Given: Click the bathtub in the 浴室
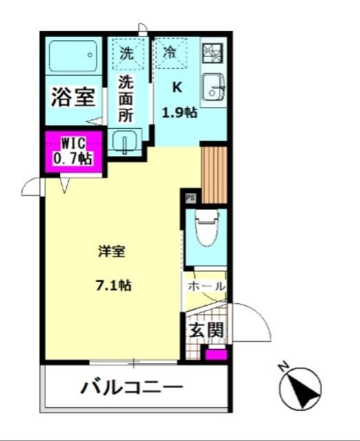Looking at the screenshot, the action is tap(73, 57).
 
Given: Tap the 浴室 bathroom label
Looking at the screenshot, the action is tap(73, 96).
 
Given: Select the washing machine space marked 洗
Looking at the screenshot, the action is tap(128, 54).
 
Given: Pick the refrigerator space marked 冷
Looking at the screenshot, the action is tap(171, 53).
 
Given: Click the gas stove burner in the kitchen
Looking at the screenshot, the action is tap(213, 53).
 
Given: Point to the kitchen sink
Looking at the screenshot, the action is tap(214, 87).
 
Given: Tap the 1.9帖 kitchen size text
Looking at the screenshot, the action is tap(179, 113).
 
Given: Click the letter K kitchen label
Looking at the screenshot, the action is tap(177, 88).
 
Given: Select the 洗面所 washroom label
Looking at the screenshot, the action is tap(125, 99).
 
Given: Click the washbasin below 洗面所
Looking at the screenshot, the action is tap(125, 141).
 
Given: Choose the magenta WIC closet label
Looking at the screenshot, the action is tap(74, 152).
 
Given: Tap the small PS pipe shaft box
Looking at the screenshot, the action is tap(190, 198).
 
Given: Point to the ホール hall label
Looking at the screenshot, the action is tap(207, 287).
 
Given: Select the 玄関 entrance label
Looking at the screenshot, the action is tap(207, 330).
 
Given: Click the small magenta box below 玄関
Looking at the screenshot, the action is tap(216, 355).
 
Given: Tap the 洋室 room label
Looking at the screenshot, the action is tap(112, 252).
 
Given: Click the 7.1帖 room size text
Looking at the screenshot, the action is tap(114, 286).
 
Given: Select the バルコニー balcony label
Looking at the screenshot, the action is tap(132, 387).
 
